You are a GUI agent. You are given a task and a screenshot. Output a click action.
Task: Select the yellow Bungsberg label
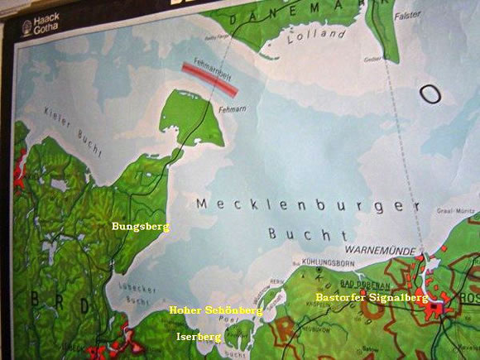[x=140, y=226]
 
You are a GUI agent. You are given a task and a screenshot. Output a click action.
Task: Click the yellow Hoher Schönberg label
[x=215, y=310]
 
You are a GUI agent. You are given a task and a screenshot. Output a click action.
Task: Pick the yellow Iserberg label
[x=199, y=337]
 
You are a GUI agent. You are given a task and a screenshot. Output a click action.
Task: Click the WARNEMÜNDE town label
[x=380, y=247]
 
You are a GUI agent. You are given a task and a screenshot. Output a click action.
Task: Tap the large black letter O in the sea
[x=430, y=93]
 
